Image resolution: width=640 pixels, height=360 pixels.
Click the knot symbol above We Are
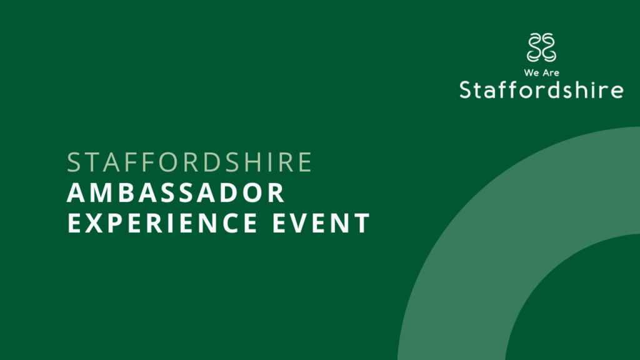point(542,47)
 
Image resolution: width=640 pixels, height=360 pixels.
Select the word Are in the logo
point(551,73)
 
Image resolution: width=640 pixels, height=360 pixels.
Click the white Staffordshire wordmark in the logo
point(541,90)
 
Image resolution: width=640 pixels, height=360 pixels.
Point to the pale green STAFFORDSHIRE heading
point(189,162)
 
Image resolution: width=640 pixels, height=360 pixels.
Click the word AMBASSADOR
point(176,192)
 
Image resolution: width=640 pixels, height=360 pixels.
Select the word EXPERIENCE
point(162,223)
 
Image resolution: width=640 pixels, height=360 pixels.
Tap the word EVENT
point(321,223)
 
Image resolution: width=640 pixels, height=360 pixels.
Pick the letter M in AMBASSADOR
point(100,192)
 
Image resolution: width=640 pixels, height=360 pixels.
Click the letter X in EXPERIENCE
point(94,223)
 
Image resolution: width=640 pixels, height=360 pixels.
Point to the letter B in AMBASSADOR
point(127,192)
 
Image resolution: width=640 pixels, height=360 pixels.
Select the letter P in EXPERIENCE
point(117,223)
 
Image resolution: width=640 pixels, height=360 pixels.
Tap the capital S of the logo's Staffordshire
point(466,90)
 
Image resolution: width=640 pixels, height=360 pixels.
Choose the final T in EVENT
point(361,223)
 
